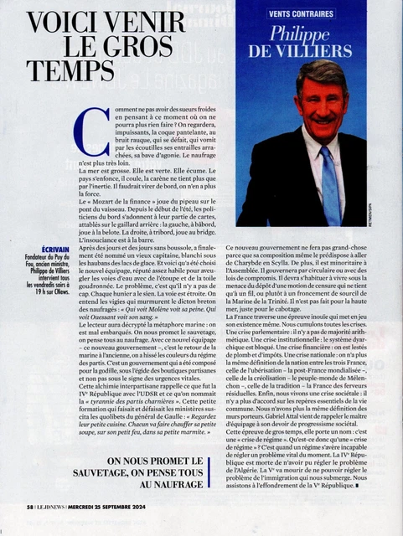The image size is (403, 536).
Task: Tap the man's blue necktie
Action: click(329, 181)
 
